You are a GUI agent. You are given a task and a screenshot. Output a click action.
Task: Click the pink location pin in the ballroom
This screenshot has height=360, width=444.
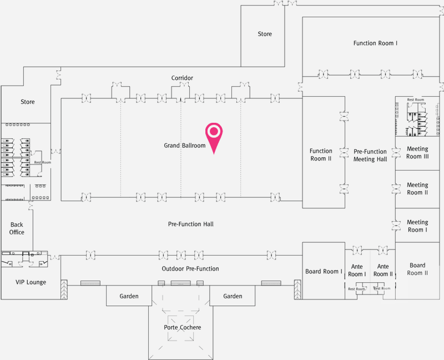point(214,134)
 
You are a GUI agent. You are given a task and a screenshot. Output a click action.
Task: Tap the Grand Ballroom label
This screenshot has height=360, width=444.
point(185,146)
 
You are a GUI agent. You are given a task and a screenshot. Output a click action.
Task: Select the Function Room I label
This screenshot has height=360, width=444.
point(375,43)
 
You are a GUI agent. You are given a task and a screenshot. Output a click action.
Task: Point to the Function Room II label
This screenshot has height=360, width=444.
point(321,154)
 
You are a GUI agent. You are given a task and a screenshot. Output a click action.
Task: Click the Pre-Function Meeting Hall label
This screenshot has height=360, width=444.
point(370,155)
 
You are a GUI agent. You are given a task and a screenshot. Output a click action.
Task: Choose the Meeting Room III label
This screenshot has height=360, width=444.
point(417,153)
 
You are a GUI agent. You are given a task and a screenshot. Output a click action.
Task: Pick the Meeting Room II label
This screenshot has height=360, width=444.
point(417,189)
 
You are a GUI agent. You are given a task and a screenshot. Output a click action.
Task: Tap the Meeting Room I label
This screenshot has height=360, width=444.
point(417,226)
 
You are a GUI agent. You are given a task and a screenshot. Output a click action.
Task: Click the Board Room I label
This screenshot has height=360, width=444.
point(324,272)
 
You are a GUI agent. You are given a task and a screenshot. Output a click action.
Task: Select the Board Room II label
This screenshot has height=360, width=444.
point(417,269)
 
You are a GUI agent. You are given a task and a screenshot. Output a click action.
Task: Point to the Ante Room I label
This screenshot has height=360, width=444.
point(357,271)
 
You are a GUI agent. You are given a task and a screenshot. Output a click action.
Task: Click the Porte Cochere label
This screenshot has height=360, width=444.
point(183,327)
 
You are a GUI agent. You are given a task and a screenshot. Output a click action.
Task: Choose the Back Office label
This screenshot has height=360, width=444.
point(17,228)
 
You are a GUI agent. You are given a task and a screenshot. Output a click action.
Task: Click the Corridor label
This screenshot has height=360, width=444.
point(182,78)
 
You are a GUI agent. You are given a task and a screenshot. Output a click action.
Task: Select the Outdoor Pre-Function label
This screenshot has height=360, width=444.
point(190,269)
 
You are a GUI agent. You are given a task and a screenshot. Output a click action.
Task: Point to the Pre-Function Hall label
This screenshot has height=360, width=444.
point(191,224)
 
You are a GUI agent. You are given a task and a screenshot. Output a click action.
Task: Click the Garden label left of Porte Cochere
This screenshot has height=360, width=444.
point(129,296)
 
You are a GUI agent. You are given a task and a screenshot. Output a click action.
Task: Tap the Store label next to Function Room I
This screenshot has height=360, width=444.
point(265,34)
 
